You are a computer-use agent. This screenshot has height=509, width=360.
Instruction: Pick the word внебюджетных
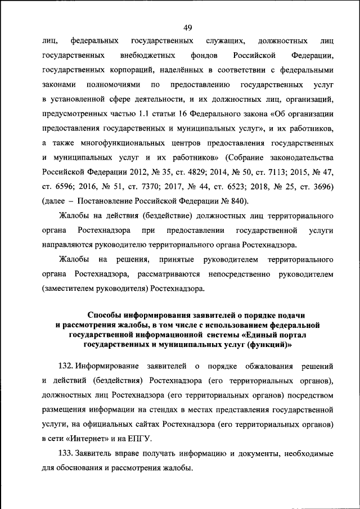tap(146, 56)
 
